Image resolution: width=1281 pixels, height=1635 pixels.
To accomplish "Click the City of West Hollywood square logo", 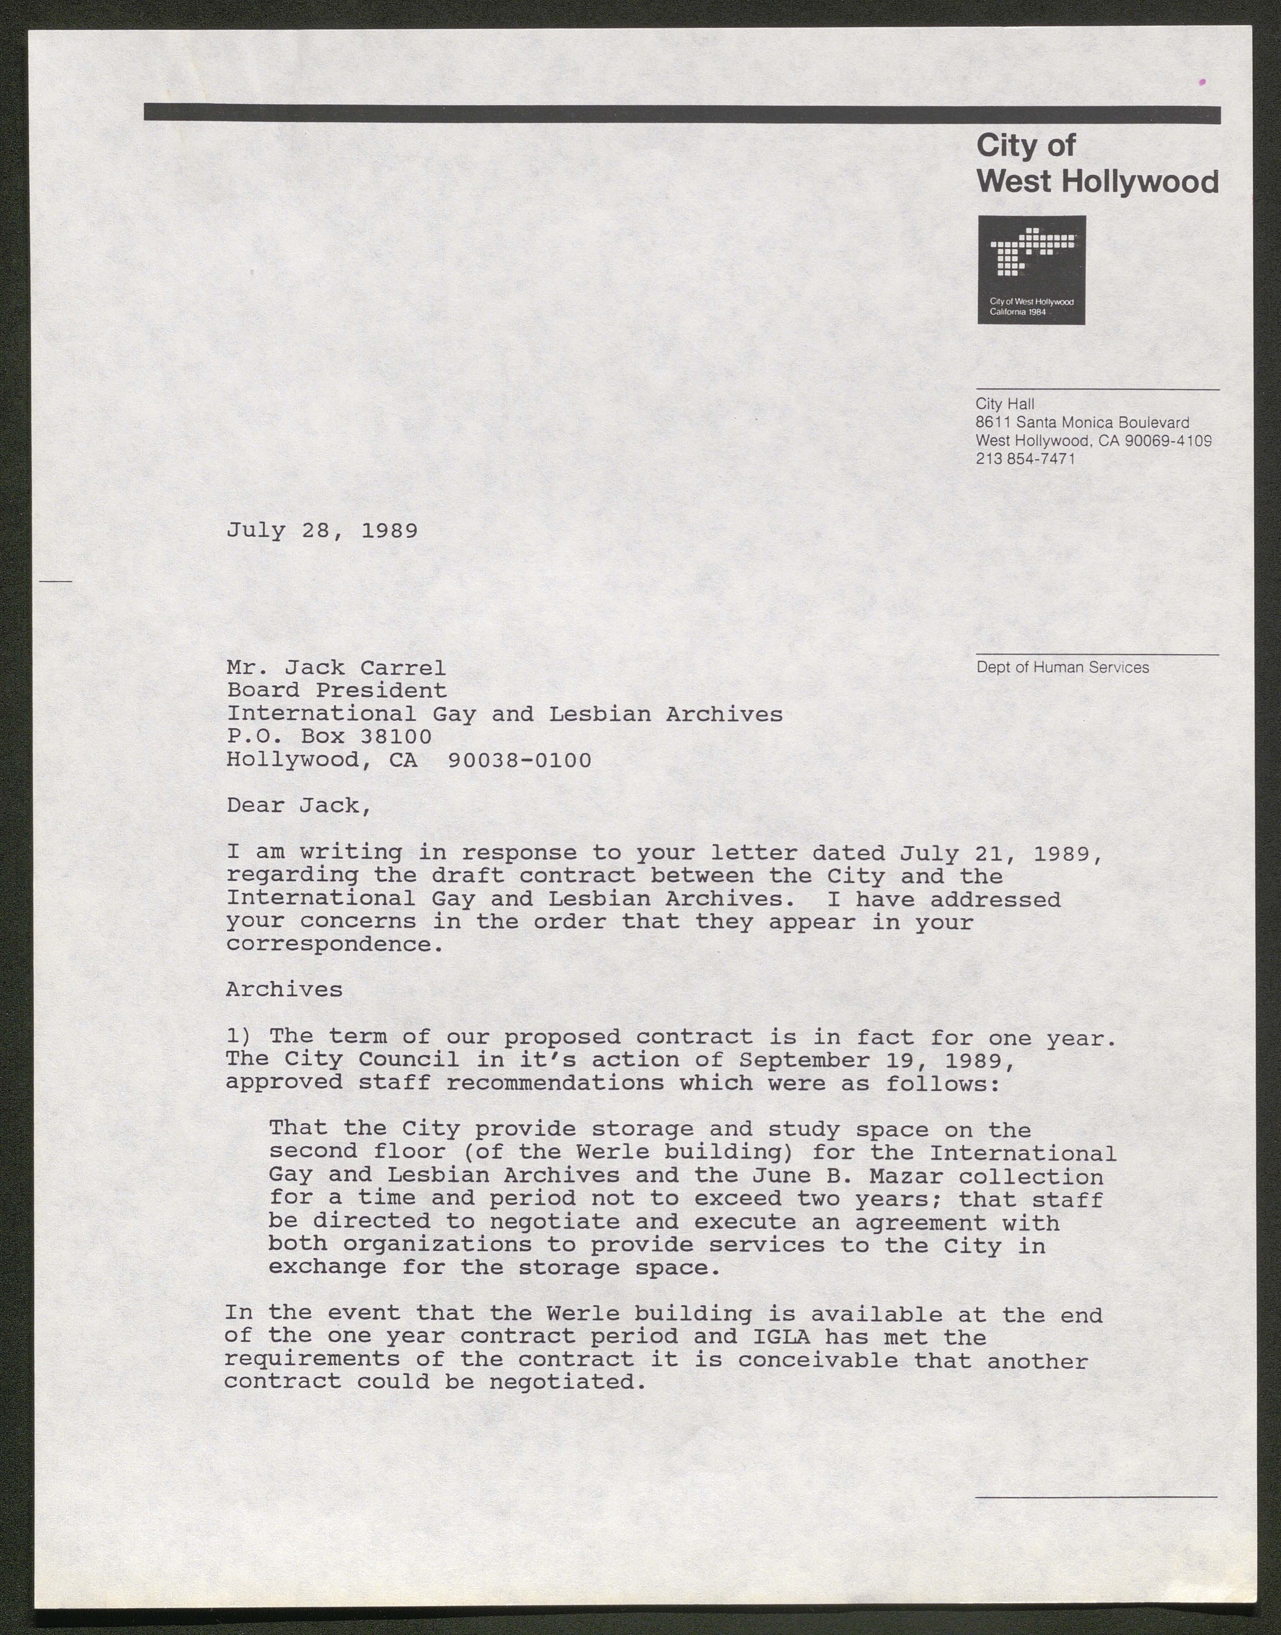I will tap(1031, 269).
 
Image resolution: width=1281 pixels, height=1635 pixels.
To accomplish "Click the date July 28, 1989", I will tap(322, 531).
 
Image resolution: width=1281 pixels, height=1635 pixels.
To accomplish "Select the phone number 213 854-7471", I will tap(1025, 459).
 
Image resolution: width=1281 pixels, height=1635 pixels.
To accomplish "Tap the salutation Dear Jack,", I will tap(299, 806).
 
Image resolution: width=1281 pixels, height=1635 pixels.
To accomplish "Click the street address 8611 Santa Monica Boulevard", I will tap(1082, 423).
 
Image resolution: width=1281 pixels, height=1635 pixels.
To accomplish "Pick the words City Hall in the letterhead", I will tap(1005, 404).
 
